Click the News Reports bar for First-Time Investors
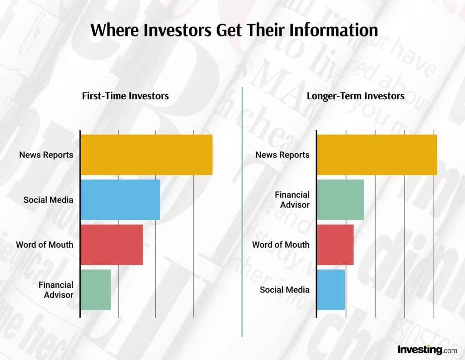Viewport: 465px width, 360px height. click(146, 155)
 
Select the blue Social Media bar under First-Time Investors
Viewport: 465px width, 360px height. click(120, 200)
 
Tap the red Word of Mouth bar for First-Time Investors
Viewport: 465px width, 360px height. click(112, 245)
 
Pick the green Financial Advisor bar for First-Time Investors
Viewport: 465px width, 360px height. click(96, 290)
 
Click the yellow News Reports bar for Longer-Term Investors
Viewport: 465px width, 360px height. click(376, 155)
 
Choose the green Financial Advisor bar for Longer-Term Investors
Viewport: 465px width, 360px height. click(340, 200)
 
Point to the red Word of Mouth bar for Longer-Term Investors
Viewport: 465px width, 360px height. click(335, 245)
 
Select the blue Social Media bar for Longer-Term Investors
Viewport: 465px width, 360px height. click(331, 290)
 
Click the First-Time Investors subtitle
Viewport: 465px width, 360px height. click(125, 96)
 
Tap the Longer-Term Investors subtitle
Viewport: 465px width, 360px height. click(356, 96)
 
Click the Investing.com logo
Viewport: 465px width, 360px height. click(427, 350)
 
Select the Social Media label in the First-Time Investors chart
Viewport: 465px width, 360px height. click(48, 200)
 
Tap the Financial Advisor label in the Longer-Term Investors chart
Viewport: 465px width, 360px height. click(292, 200)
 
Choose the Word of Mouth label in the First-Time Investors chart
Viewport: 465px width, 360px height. click(45, 245)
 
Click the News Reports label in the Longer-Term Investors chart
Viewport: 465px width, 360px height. click(282, 155)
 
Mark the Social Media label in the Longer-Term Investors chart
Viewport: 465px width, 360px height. click(284, 290)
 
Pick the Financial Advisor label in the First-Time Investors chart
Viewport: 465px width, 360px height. click(56, 290)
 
